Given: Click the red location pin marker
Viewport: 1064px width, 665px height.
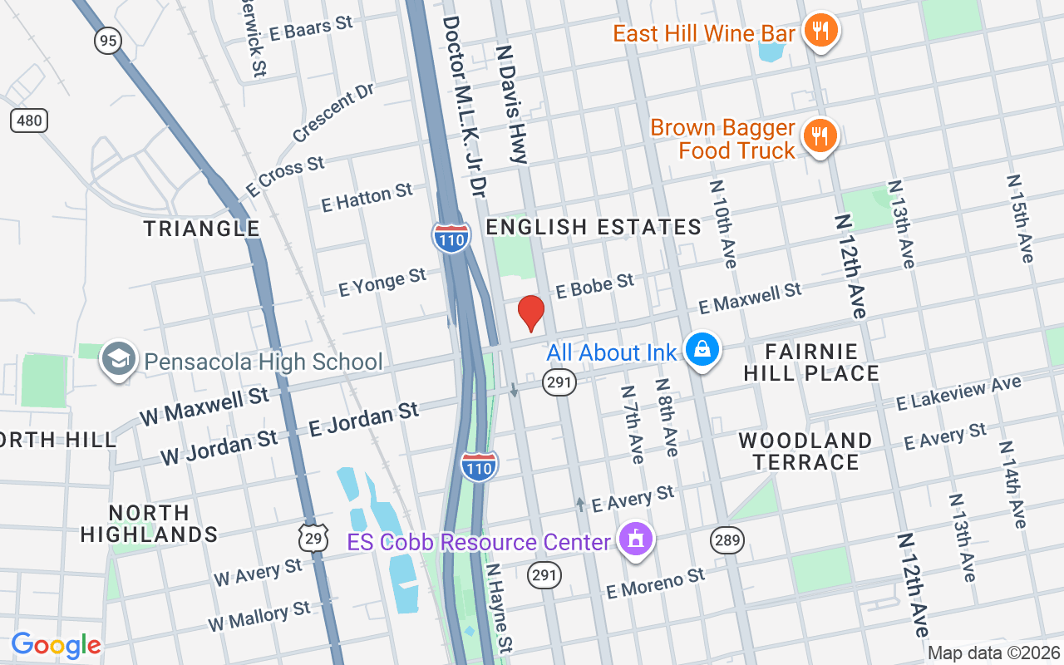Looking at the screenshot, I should click(530, 313).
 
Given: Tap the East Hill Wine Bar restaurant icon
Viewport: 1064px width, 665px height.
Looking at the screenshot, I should click(820, 32).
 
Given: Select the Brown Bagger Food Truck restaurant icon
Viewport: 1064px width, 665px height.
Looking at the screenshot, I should click(820, 135).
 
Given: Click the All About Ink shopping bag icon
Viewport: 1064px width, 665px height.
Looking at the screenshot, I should click(702, 350).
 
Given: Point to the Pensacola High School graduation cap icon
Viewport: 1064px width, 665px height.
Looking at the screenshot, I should click(119, 360).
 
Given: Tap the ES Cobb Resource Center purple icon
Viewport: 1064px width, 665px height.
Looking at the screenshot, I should click(636, 540).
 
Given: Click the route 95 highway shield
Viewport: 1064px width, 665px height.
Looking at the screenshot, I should click(108, 40).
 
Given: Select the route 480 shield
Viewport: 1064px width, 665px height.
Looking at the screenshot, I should click(29, 121).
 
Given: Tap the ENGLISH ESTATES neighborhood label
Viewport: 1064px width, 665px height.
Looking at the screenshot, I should click(594, 227).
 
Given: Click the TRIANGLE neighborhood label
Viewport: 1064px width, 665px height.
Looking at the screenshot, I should click(201, 228).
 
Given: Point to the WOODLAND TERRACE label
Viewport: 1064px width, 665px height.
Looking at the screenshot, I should click(805, 451).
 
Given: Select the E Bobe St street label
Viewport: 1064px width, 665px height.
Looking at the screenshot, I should click(595, 286).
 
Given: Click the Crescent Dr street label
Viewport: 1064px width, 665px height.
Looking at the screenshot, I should click(333, 112).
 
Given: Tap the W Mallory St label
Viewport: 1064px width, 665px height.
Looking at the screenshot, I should click(259, 616).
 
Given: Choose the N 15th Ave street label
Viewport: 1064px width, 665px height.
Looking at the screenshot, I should click(1020, 218).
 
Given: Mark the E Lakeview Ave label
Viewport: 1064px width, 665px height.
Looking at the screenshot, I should click(958, 393).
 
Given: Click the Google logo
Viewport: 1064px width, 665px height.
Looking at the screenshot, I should click(56, 645).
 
